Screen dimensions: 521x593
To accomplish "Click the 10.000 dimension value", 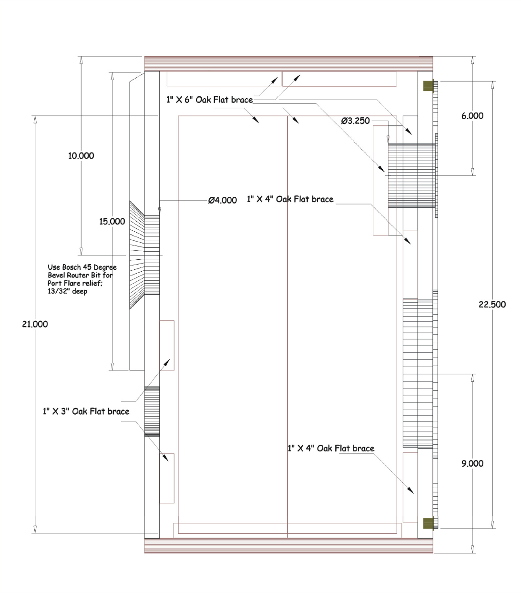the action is pos(81,156).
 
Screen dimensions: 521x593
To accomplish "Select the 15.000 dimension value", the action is pos(112,221).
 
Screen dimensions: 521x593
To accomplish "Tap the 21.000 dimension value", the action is pos(35,324).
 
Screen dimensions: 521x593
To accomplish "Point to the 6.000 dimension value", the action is pos(472,116).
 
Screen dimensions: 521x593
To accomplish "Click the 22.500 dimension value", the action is pos(492,305).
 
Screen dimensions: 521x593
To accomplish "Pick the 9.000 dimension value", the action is pos(472,463).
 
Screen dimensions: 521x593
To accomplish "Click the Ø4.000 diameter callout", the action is pos(223,200).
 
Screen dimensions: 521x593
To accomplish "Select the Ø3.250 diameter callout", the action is pos(355,121).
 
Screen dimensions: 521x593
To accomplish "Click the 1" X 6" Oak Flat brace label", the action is pos(210,100).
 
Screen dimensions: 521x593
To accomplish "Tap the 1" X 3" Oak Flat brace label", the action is pos(86,411).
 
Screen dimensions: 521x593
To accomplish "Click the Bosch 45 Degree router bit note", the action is pos(82,279).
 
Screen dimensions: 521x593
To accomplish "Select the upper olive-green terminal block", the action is pos(428,86).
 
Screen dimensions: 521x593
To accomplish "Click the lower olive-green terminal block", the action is pos(428,523).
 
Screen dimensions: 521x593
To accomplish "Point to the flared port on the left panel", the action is pos(144,255).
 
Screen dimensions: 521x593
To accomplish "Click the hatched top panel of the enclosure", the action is pos(288,63).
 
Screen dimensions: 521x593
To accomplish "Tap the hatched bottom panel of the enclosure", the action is pos(288,546).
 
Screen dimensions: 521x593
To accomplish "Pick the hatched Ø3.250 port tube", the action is pos(411,175).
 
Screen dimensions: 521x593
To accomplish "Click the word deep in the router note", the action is pos(80,291).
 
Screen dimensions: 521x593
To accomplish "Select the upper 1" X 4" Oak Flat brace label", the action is pos(290,199).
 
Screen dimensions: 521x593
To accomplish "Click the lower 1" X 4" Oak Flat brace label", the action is pos(331,449).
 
